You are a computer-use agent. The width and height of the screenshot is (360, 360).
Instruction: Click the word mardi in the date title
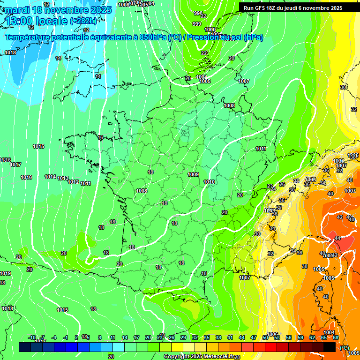tap(18, 10)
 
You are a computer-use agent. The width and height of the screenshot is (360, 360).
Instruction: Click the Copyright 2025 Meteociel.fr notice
tap(199, 356)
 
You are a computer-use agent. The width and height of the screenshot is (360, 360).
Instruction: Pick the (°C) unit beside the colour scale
tap(344, 347)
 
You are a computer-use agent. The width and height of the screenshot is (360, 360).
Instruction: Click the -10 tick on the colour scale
tap(32, 337)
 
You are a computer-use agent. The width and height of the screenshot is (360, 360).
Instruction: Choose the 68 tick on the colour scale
tap(336, 337)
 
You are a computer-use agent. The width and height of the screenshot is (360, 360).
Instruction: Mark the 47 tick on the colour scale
tap(254, 337)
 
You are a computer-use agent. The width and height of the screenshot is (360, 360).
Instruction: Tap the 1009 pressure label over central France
tap(193, 174)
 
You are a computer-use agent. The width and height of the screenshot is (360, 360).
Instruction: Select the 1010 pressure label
tap(209, 182)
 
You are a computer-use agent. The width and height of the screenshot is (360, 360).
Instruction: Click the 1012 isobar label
tap(74, 182)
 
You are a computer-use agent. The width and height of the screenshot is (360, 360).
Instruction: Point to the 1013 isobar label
tap(63, 178)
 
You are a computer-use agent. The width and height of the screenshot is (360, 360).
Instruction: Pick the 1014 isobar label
tap(50, 177)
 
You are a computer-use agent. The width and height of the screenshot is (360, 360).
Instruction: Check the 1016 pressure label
tap(26, 177)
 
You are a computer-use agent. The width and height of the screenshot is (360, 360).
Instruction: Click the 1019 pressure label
tap(5, 273)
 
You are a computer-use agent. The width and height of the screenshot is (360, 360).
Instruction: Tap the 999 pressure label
tap(197, 24)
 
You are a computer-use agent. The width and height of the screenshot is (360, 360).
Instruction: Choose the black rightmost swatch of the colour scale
tap(330, 347)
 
